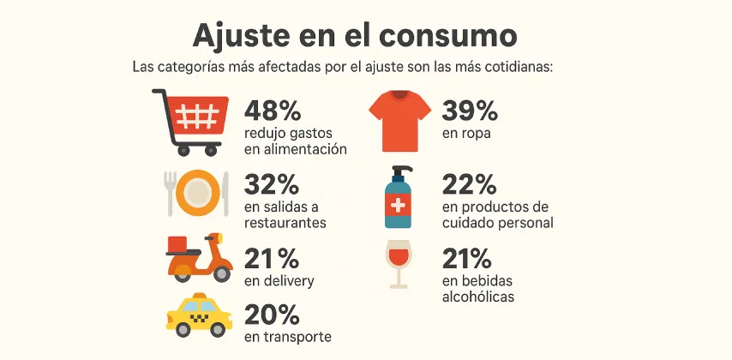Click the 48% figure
[x=273, y=111]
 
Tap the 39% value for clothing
[x=470, y=111]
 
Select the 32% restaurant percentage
[x=272, y=184]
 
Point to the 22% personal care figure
[x=469, y=184]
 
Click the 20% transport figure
[x=272, y=315]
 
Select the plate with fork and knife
[x=197, y=193]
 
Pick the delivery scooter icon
[x=197, y=258]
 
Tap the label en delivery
[x=279, y=281]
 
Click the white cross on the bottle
[x=399, y=207]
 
